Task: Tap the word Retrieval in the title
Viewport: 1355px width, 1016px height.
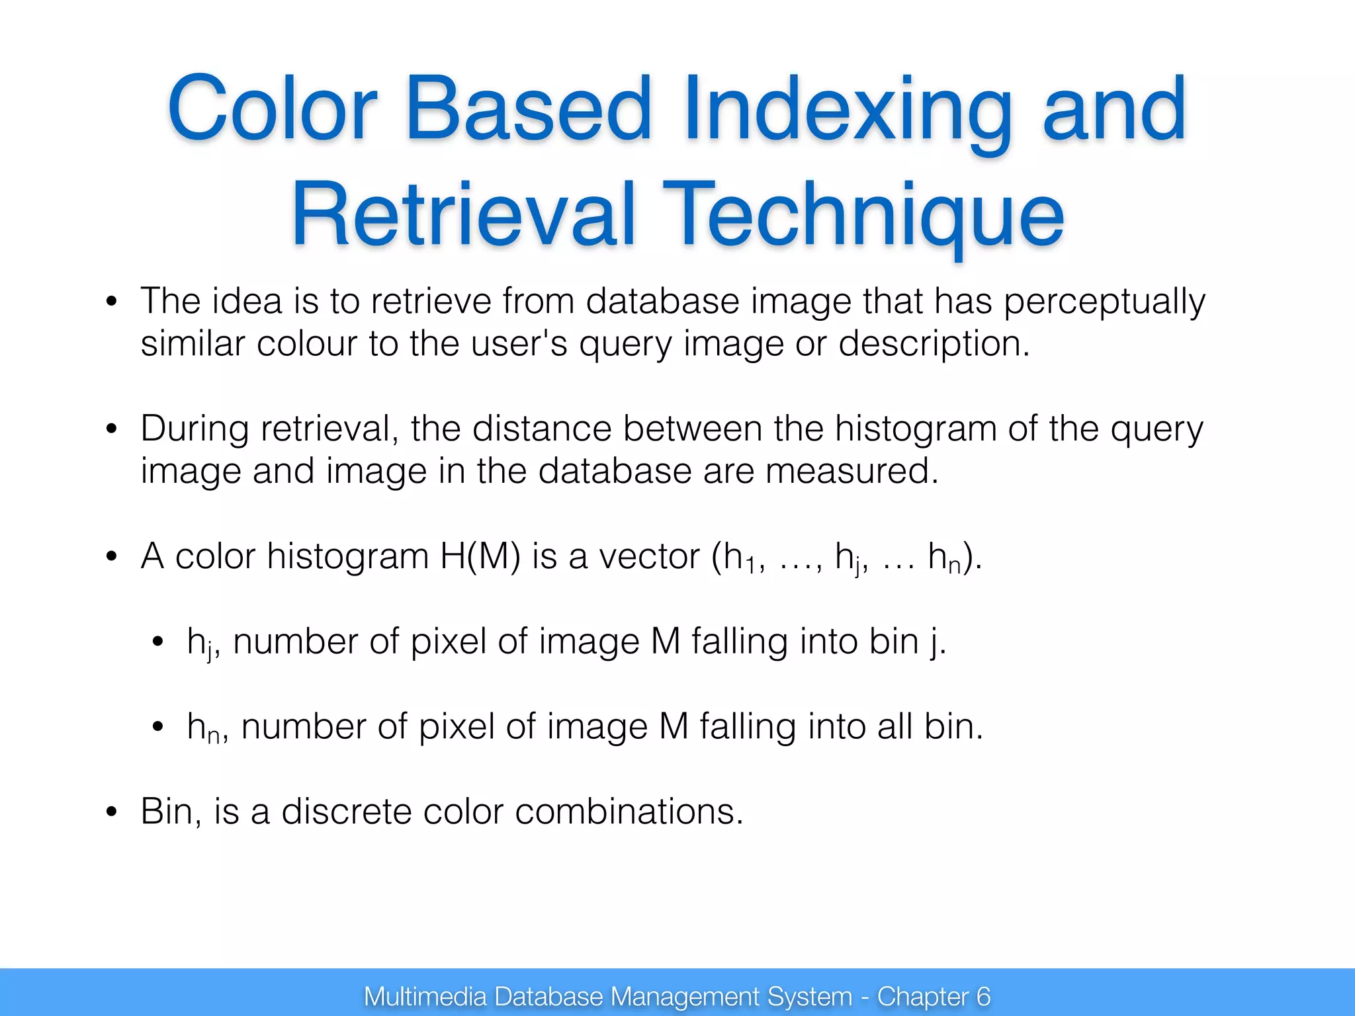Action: (x=463, y=216)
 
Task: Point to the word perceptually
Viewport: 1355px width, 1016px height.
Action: (x=1105, y=302)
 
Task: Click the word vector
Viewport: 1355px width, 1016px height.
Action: (x=649, y=556)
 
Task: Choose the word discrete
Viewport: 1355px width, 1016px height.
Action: (x=347, y=812)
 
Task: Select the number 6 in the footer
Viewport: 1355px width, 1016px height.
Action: (x=984, y=996)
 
